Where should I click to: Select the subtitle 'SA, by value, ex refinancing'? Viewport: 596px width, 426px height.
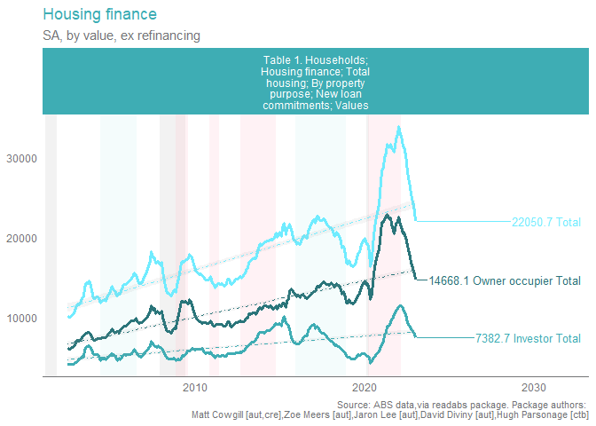(x=114, y=35)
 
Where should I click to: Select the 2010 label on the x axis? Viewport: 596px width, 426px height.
(x=195, y=388)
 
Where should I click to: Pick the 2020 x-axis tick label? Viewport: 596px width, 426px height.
(x=365, y=388)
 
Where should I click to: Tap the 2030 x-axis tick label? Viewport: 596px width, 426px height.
(x=535, y=388)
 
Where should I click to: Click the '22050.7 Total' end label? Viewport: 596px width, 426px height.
(x=545, y=222)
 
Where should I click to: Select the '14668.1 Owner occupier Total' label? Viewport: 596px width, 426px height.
(x=505, y=281)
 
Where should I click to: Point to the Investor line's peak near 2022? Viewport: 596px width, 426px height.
(x=401, y=306)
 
